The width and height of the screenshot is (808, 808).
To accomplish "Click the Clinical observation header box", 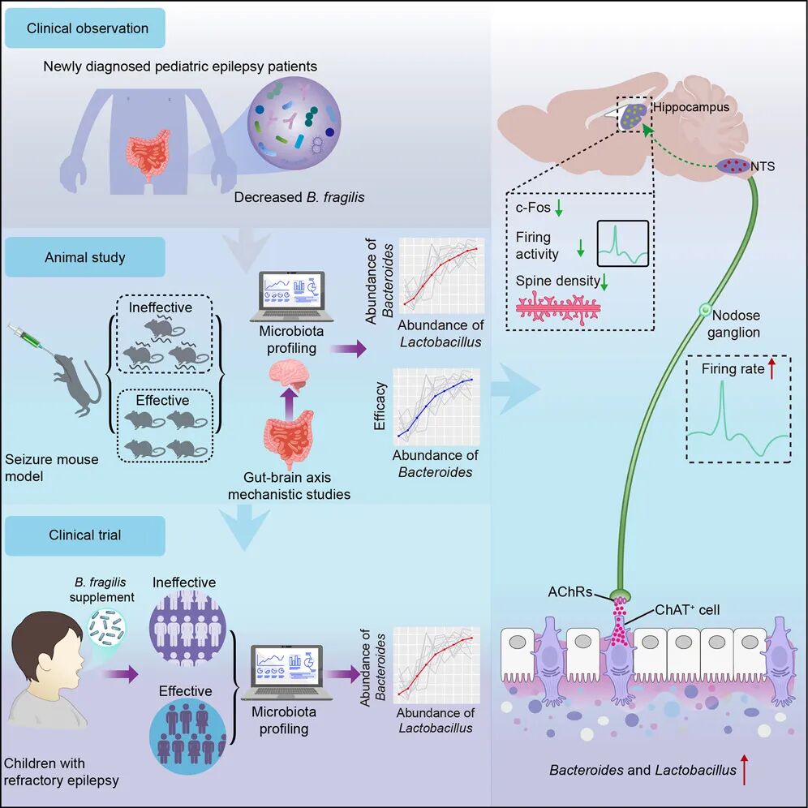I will (88, 28).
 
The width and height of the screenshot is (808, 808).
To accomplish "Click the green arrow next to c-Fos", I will (557, 209).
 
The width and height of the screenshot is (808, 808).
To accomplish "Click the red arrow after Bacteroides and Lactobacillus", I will (744, 768).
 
